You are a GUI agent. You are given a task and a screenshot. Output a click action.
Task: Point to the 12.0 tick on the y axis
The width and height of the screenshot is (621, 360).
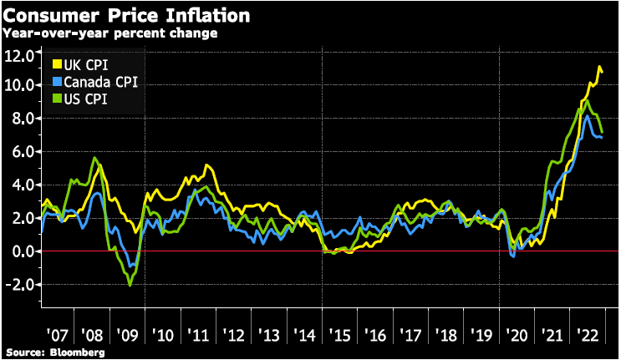18,55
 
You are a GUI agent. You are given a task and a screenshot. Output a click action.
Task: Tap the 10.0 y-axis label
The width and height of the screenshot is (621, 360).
18,85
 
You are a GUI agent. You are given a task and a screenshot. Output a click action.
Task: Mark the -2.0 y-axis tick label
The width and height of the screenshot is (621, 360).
18,285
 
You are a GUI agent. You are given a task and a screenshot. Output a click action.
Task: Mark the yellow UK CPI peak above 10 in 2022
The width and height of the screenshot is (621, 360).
598,67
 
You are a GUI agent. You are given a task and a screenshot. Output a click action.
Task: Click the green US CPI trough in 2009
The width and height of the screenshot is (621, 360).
130,286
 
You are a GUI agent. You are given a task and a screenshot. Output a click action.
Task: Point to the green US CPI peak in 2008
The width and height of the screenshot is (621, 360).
94,158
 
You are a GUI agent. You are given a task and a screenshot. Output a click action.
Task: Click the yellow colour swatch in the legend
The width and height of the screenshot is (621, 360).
57,64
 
